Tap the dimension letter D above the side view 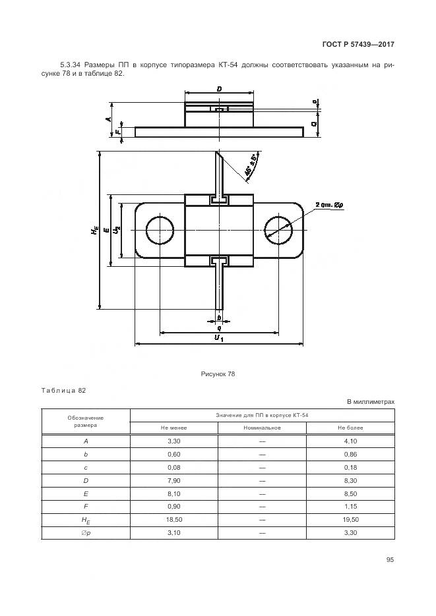(x=218, y=89)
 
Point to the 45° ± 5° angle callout (x=251, y=164)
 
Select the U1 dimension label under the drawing (x=219, y=338)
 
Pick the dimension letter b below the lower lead (x=218, y=317)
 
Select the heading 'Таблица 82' (x=64, y=391)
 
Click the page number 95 (x=390, y=559)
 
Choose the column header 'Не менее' (x=174, y=428)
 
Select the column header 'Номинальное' (x=261, y=428)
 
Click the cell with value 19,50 (x=351, y=520)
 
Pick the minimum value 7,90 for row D (x=174, y=480)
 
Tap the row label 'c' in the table (x=86, y=467)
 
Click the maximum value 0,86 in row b (x=351, y=454)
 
